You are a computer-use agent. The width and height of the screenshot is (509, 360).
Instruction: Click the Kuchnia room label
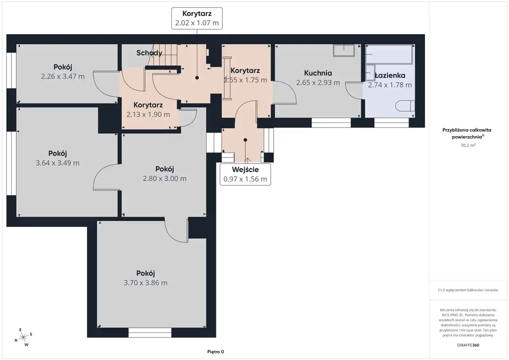[x=318, y=73]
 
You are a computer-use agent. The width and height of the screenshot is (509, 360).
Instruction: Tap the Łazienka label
[x=390, y=75]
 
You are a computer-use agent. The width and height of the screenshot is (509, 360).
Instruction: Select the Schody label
[x=149, y=53]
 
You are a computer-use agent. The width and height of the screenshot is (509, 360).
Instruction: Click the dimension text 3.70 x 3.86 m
[x=146, y=283]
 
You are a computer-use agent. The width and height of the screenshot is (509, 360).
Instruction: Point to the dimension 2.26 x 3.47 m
[x=63, y=76]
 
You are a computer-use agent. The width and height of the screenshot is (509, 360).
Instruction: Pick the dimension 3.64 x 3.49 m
[x=58, y=163]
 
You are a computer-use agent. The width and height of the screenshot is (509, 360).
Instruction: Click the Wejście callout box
[x=245, y=174]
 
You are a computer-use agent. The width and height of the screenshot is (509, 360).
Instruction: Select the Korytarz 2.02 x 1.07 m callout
[x=197, y=18]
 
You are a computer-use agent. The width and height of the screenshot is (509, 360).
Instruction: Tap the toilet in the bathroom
[x=405, y=106]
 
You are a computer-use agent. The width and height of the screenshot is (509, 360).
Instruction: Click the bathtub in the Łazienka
[x=389, y=54]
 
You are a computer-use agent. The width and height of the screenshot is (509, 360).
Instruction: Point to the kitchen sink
[x=344, y=51]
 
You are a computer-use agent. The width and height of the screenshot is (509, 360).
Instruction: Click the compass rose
[x=23, y=337]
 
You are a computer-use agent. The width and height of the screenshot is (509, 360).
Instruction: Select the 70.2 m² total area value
[x=468, y=145]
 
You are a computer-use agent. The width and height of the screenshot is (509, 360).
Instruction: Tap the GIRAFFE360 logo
[x=468, y=345]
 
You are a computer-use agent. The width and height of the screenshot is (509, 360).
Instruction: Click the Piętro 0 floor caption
[x=216, y=352]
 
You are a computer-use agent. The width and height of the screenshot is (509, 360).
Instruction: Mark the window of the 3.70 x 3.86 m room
[x=150, y=333]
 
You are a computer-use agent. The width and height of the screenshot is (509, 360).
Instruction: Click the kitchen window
[x=331, y=123]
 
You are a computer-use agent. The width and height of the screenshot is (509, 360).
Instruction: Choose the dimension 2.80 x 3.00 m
[x=165, y=179]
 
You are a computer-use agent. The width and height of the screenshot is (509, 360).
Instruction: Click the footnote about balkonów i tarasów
[x=468, y=290]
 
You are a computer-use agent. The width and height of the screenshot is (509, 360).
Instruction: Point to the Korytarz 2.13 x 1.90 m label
[x=148, y=109]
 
